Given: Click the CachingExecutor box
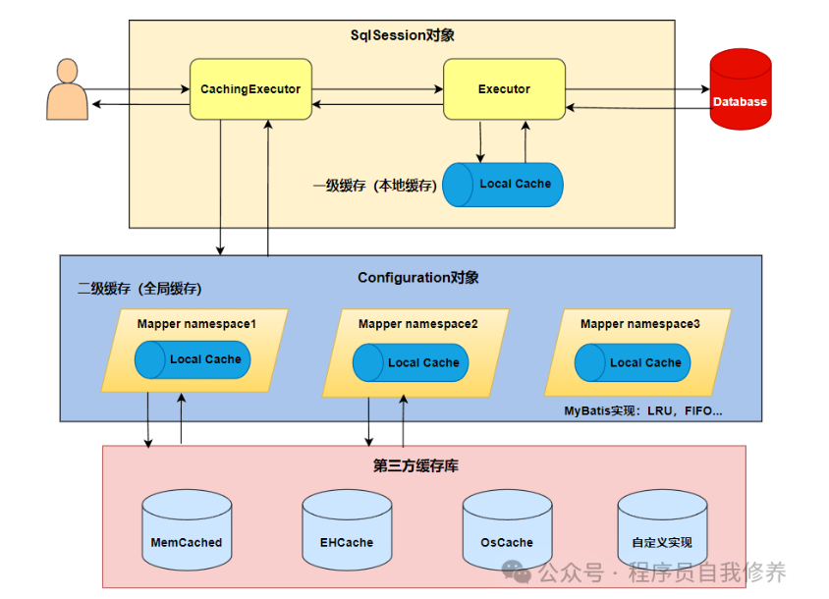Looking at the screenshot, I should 250,89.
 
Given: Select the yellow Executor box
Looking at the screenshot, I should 504,89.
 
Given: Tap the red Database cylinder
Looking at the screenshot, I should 740,89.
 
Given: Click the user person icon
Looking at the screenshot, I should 67,90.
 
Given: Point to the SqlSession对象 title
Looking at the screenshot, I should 403,35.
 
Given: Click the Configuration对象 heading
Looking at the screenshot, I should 418,278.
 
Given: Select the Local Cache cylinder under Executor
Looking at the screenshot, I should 503,185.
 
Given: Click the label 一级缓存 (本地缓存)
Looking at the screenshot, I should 374,185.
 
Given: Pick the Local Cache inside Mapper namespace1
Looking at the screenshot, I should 193,359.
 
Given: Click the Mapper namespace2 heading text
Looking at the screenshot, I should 418,324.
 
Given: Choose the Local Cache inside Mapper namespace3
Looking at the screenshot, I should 633,362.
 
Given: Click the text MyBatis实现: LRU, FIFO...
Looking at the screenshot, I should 642,410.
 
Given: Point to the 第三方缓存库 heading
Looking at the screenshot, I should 415,465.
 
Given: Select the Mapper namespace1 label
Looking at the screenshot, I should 196,324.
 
